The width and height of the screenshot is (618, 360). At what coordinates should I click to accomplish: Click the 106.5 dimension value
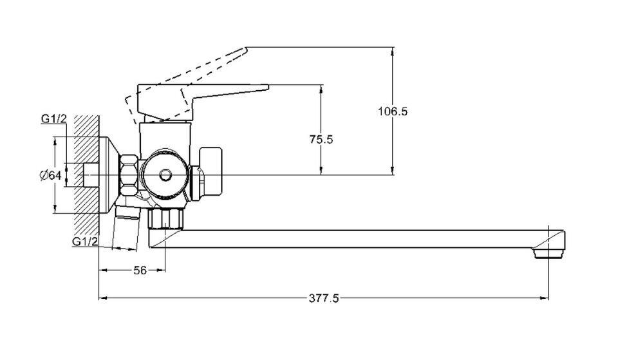click(393, 111)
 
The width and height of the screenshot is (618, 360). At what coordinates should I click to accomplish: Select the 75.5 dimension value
click(321, 140)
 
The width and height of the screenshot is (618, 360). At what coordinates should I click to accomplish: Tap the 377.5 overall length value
click(324, 298)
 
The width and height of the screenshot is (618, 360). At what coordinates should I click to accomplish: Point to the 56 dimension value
click(140, 270)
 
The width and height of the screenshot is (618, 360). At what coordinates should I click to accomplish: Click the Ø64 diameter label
click(51, 175)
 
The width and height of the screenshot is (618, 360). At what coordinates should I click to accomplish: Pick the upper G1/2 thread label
click(53, 118)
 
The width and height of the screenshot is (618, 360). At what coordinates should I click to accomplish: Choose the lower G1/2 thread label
click(85, 242)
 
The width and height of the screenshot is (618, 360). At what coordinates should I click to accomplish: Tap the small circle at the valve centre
click(165, 175)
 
